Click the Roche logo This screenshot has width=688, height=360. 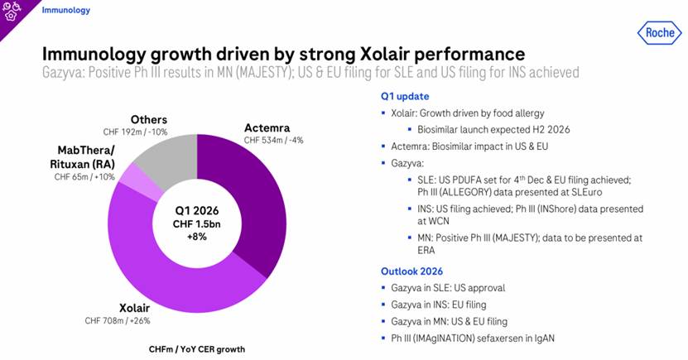(658, 32)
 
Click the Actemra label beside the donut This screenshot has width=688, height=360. (267, 127)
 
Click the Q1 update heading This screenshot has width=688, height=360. (405, 96)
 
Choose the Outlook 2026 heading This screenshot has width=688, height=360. (411, 271)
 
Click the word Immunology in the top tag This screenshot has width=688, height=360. (66, 11)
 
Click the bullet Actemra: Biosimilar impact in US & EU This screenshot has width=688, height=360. (478, 146)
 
